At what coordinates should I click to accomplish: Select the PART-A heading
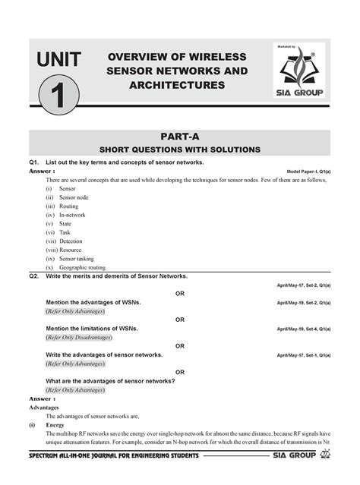coord(180,136)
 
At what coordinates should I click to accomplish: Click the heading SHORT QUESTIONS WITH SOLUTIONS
coord(180,149)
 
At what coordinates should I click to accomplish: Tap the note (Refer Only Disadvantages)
coord(78,337)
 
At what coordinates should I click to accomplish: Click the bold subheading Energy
coord(55,425)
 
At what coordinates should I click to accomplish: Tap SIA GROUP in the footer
coord(292,455)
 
